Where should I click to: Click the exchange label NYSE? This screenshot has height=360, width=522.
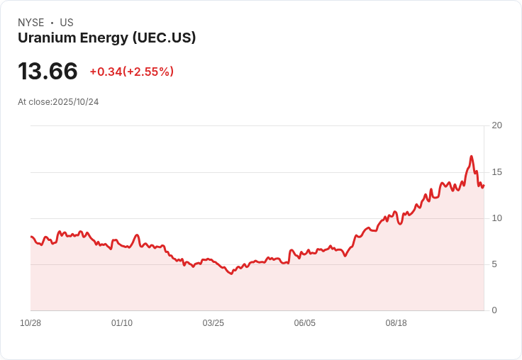click(x=31, y=23)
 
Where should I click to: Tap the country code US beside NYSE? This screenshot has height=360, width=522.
click(x=67, y=23)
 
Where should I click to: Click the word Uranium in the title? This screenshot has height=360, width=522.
click(x=43, y=38)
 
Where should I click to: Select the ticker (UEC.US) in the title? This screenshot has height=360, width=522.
click(x=164, y=38)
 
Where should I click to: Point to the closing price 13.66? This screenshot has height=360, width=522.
click(x=48, y=72)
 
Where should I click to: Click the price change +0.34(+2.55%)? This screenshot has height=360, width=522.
click(x=131, y=72)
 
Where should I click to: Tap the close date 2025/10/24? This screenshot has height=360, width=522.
click(x=75, y=102)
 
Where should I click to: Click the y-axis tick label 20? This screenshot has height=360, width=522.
click(x=496, y=125)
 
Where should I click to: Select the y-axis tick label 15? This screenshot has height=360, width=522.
click(x=496, y=172)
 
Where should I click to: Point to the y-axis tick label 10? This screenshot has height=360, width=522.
click(x=496, y=218)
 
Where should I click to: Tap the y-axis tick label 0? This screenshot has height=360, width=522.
click(x=494, y=310)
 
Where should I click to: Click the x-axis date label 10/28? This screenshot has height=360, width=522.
click(x=30, y=323)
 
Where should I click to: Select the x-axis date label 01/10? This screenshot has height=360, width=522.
click(x=122, y=323)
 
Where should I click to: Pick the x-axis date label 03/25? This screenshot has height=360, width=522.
click(x=213, y=323)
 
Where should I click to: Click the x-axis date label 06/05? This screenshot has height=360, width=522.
click(x=304, y=323)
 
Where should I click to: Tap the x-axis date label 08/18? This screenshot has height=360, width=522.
click(x=396, y=323)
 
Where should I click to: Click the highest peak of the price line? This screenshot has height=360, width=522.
click(x=471, y=157)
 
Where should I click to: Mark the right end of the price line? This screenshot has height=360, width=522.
click(x=484, y=185)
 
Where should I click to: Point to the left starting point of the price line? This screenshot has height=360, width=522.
click(x=31, y=237)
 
